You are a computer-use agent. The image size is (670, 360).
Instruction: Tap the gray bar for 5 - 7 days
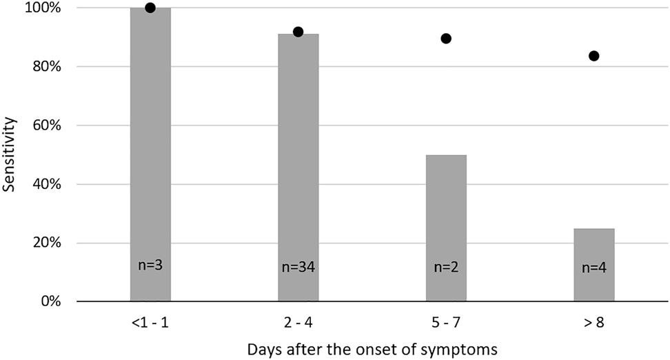tap(446, 228)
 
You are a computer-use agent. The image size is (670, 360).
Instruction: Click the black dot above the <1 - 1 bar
tap(150, 8)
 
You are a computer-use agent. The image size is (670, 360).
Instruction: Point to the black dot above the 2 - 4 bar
tap(298, 32)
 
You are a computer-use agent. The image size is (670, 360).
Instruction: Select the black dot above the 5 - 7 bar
tap(446, 39)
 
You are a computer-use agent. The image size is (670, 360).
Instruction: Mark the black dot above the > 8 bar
tap(593, 56)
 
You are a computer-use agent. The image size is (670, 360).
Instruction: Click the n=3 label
tap(150, 265)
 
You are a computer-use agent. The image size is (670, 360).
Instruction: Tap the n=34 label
tap(298, 267)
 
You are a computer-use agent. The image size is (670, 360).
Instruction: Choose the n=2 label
tap(446, 267)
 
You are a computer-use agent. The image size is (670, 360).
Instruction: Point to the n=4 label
tap(593, 267)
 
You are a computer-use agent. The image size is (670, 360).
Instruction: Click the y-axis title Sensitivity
tap(10, 154)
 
